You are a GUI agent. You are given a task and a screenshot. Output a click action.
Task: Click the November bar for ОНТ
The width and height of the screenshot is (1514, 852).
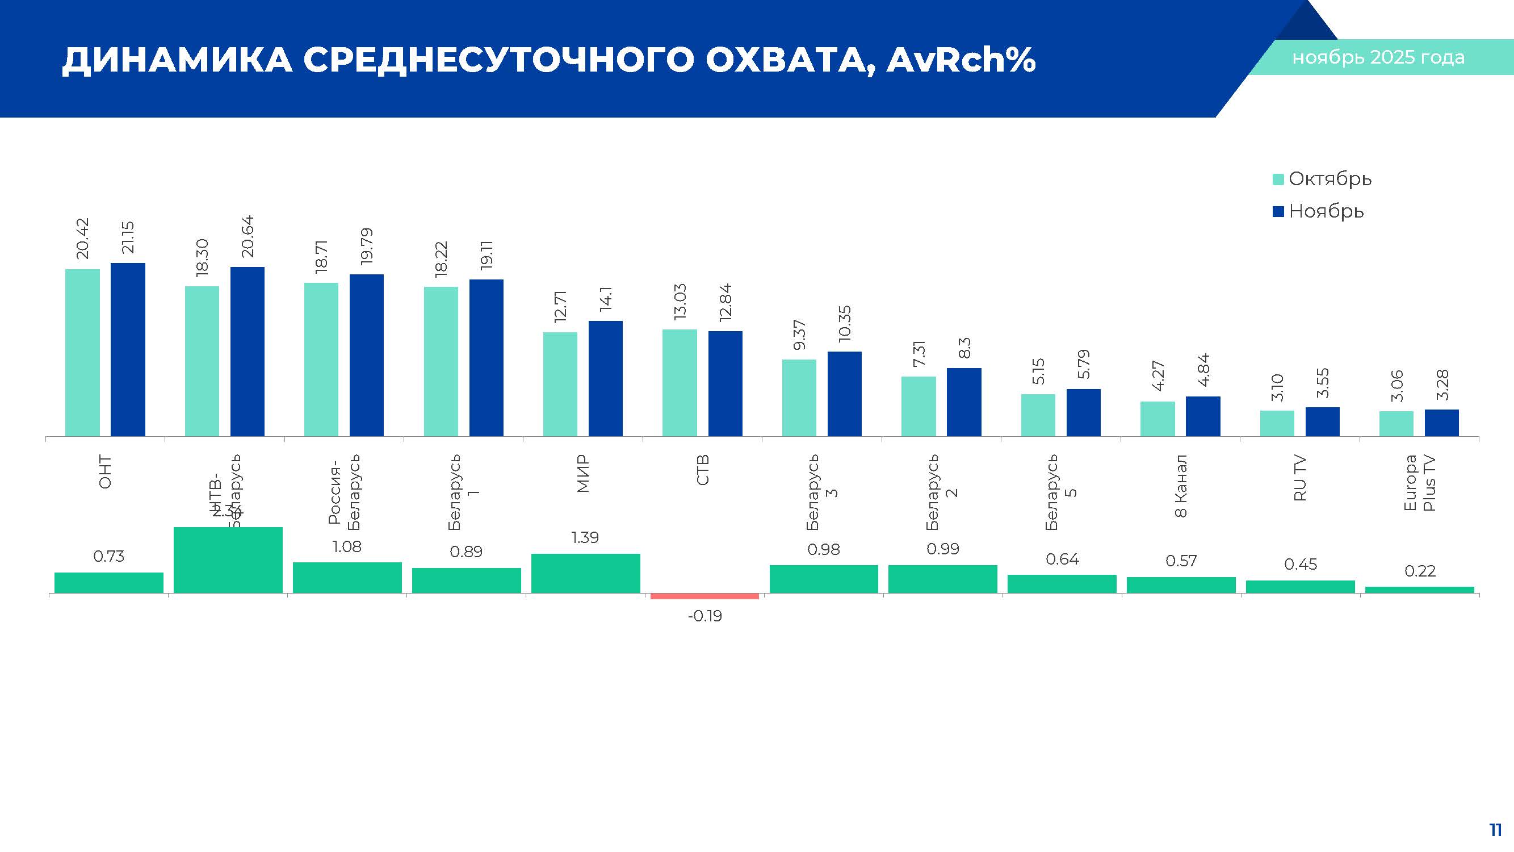pyautogui.click(x=128, y=349)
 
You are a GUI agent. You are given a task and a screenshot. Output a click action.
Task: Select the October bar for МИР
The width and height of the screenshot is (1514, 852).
pyautogui.click(x=560, y=384)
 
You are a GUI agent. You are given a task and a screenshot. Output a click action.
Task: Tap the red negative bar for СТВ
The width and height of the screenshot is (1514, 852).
pyautogui.click(x=704, y=596)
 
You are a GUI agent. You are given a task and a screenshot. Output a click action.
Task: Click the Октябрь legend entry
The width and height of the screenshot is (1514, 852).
pyautogui.click(x=1322, y=179)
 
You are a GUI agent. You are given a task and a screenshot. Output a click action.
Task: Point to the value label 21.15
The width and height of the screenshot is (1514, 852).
pyautogui.click(x=128, y=237)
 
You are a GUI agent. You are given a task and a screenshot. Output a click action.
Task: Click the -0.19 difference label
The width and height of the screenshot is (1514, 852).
pyautogui.click(x=704, y=616)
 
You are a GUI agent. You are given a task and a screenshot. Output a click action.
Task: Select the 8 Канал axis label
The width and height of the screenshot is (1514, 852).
pyautogui.click(x=1181, y=486)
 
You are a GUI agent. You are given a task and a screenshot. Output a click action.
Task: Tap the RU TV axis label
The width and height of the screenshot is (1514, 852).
pyautogui.click(x=1300, y=478)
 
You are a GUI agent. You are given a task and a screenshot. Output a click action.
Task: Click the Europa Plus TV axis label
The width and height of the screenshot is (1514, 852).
pyautogui.click(x=1419, y=483)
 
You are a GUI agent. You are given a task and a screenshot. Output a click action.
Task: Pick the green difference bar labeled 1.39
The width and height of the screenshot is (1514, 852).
pyautogui.click(x=585, y=573)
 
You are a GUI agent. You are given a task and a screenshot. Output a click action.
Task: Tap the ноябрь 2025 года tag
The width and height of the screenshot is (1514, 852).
pyautogui.click(x=1378, y=57)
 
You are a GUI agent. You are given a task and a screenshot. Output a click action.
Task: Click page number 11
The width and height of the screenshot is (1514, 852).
pyautogui.click(x=1495, y=830)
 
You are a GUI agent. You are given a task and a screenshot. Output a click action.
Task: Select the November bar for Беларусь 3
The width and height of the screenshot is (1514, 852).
pyautogui.click(x=844, y=394)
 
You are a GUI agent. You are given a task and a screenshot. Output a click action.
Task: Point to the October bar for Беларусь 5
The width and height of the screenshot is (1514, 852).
pyautogui.click(x=1037, y=415)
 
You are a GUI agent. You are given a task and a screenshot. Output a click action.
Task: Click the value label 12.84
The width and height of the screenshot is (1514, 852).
pyautogui.click(x=725, y=302)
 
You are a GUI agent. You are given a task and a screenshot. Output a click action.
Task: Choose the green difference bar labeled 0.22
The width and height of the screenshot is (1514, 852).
pyautogui.click(x=1419, y=589)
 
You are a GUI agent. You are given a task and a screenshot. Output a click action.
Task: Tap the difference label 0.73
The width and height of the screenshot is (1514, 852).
pyautogui.click(x=109, y=556)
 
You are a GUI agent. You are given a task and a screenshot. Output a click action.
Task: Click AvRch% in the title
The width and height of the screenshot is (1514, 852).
pyautogui.click(x=961, y=60)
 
